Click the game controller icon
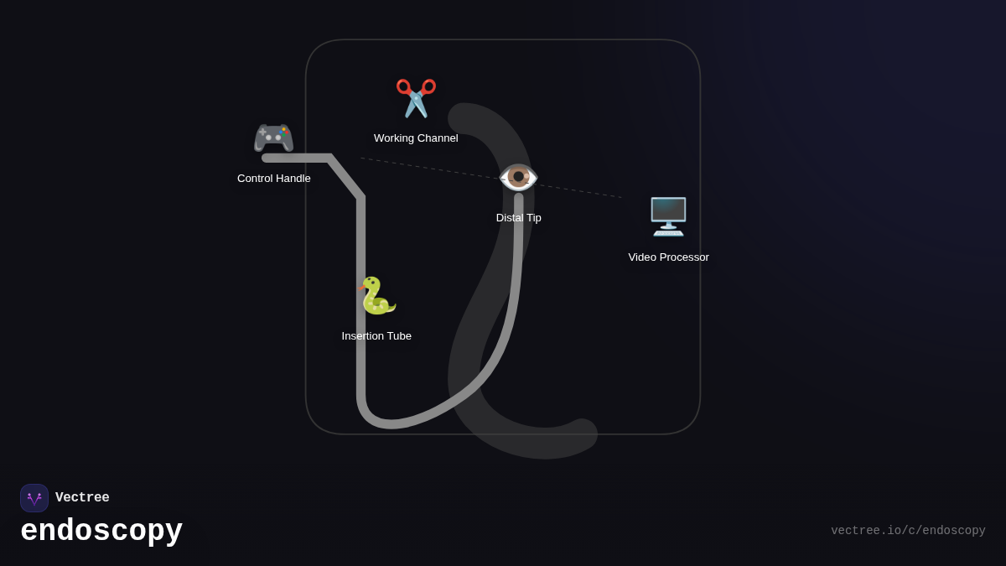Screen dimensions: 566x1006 pos(273,138)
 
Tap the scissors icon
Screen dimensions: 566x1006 pos(416,98)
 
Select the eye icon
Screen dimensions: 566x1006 pos(518,177)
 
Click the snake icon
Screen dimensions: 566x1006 pos(376,295)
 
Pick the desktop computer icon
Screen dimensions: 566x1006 pos(668,216)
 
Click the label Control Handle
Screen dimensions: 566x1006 pos(274,179)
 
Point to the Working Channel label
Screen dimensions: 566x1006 pos(416,138)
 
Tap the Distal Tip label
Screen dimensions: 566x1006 pos(519,218)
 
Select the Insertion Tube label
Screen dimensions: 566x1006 pos(376,336)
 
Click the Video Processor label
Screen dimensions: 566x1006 pos(668,257)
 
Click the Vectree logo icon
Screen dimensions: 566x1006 pos(34,498)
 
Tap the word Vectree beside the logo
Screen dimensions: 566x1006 pos(82,498)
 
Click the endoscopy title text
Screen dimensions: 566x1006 pos(101,531)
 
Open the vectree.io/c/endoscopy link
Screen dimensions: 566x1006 pos(908,531)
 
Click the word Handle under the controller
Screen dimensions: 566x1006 pos(293,179)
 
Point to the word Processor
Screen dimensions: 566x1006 pos(683,257)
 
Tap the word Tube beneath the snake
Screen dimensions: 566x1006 pos(398,336)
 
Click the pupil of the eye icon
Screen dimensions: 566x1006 pos(519,176)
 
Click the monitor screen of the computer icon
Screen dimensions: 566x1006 pos(668,211)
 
